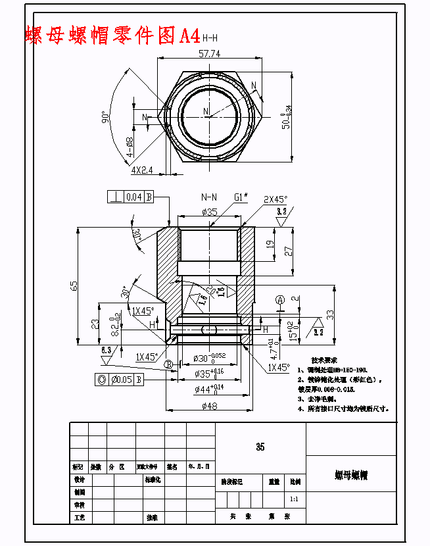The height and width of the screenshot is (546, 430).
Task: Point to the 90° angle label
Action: [x=106, y=116]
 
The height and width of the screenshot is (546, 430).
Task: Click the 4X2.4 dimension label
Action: [x=141, y=170]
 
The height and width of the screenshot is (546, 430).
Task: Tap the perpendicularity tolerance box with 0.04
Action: [x=131, y=196]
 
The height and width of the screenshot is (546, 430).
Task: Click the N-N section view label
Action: [x=209, y=197]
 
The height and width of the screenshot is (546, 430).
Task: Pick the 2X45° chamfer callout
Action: [x=276, y=199]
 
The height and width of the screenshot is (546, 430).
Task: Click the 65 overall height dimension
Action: [x=74, y=285]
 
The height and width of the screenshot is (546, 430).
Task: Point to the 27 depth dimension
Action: [x=287, y=251]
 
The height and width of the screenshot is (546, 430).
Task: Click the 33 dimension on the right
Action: [x=330, y=314]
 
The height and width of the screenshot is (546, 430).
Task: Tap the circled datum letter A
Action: [x=279, y=300]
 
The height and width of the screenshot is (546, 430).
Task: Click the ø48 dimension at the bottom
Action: [x=208, y=406]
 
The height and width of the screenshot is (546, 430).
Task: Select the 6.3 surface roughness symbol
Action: [x=106, y=351]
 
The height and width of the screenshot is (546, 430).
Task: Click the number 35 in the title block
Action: [x=260, y=447]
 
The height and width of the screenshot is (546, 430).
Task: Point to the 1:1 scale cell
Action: [x=294, y=499]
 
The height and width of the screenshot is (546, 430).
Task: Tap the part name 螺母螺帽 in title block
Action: [x=350, y=474]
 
